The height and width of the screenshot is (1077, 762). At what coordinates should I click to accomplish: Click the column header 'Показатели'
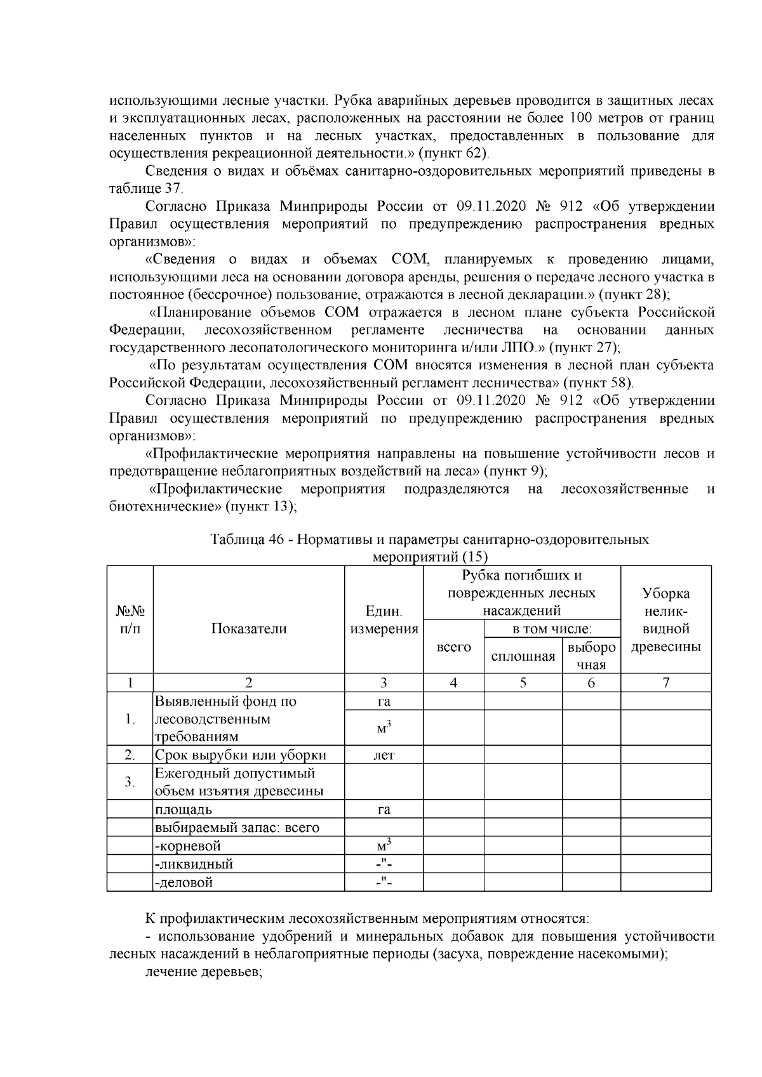(248, 629)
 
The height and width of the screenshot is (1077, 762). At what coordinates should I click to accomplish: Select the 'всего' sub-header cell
(453, 647)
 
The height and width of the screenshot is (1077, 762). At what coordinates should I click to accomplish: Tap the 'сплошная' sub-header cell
(523, 656)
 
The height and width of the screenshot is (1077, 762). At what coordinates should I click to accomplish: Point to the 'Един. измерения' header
(384, 621)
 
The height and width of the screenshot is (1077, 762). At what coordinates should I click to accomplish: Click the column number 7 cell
(665, 683)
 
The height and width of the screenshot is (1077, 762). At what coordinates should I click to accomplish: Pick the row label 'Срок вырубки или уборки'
(241, 755)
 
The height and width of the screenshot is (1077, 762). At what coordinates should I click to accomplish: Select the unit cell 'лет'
(384, 755)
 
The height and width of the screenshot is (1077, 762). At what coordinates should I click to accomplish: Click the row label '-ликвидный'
(194, 864)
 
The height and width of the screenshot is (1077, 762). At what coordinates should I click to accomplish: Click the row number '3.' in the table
(130, 782)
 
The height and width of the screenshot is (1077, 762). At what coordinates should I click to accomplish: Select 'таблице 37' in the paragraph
(145, 188)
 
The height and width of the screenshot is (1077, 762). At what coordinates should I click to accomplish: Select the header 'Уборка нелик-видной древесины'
(665, 621)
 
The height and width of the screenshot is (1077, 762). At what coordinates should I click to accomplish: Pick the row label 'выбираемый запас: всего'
(236, 828)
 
